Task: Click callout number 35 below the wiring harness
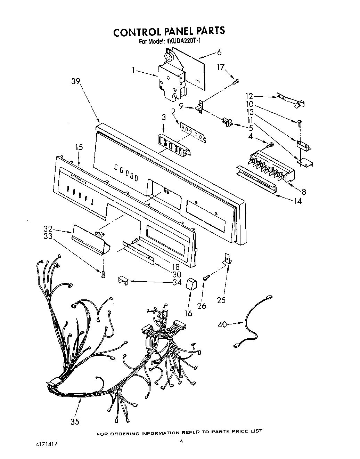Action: [x=75, y=421]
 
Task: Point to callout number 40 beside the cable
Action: [x=222, y=324]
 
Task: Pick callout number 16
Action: [x=188, y=313]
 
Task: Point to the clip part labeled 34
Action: [x=123, y=280]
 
